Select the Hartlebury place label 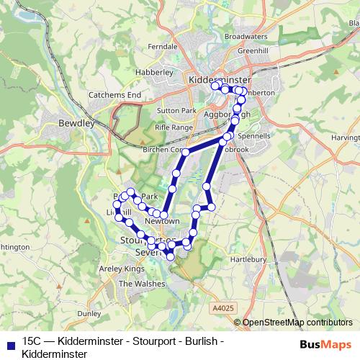tap(248, 259)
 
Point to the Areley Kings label tap(125, 269)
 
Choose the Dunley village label tap(89, 314)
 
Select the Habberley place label tap(154, 72)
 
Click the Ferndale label tap(161, 46)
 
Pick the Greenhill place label tap(253, 51)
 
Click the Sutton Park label tap(177, 111)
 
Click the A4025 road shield tap(223, 307)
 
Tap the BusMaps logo tap(326, 344)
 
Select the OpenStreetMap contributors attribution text tap(297, 322)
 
